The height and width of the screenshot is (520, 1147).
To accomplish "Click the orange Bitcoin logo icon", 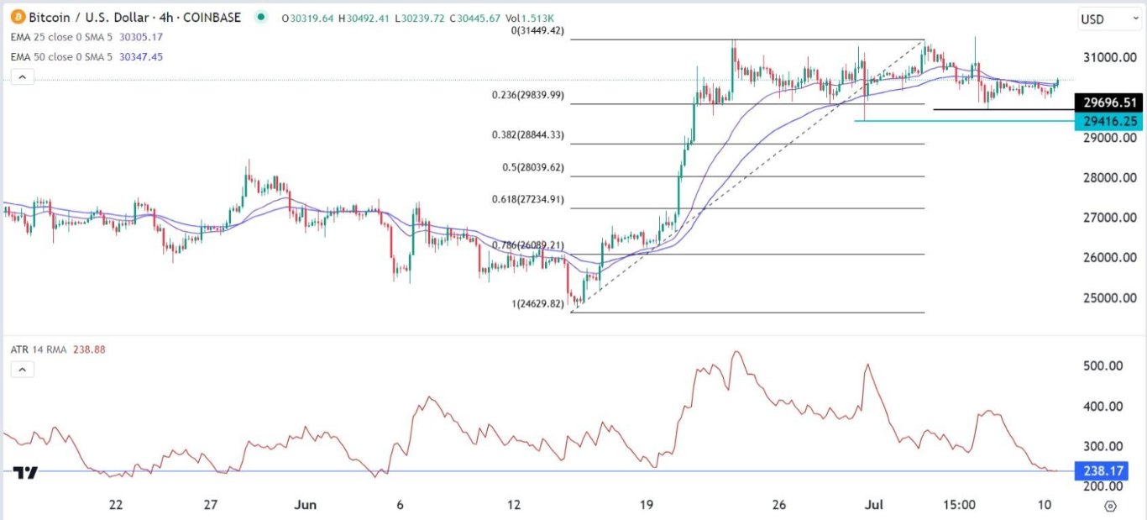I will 18,17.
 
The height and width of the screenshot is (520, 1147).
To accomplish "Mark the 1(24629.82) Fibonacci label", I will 539,303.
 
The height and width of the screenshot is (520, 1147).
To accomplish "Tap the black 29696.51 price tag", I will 1109,103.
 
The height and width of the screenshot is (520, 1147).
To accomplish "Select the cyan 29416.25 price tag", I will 1109,121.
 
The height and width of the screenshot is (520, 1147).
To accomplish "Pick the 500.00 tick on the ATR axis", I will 1103,366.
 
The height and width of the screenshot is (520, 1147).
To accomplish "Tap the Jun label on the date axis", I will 306,505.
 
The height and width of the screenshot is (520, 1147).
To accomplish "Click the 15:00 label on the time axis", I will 959,505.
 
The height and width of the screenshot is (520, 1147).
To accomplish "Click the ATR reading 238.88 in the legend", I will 89,349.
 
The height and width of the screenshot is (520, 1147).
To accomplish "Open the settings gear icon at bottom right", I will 1111,506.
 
